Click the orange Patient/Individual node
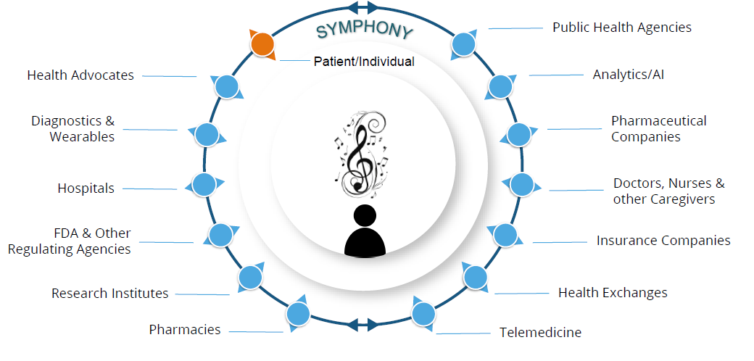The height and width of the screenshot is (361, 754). pos(262,45)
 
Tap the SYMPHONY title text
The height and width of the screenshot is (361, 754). pos(365,31)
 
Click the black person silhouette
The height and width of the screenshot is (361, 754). pos(364,231)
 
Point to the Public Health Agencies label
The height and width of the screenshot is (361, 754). pos(621,28)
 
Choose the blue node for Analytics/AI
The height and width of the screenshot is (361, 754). pos(500,86)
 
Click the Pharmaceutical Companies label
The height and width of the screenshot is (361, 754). pos(658,128)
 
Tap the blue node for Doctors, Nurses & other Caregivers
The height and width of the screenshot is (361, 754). pos(521,184)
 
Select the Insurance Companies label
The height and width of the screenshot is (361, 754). pos(663,241)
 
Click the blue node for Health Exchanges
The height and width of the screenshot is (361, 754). pos(475,277)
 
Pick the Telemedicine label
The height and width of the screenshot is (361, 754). pos(540,333)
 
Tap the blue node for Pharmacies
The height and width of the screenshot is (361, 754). pos(298,314)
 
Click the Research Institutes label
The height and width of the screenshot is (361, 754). pos(109,294)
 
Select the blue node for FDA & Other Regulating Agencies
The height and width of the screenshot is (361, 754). pos(220,234)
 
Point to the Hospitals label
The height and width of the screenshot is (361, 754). pos(86,188)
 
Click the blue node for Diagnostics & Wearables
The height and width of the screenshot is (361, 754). pos(207,134)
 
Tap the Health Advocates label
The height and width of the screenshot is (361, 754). pos(80,75)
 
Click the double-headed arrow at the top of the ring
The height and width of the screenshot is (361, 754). pos(362,8)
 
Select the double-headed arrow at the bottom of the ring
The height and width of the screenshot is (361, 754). pos(362,323)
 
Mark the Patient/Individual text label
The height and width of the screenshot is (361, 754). pos(364,62)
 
